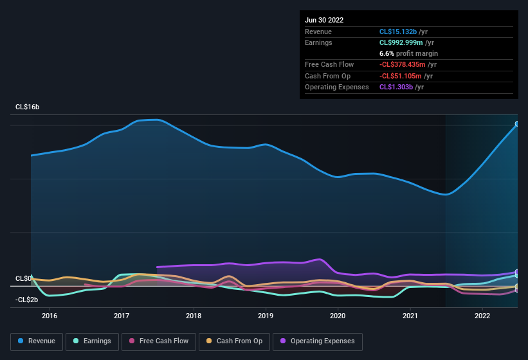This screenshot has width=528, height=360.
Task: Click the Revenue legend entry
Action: coord(37,341)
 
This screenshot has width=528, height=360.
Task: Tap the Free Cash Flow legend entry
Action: coord(159,341)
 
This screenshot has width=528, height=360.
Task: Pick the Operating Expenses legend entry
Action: coord(317,341)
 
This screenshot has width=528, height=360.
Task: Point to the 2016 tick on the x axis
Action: coord(50,316)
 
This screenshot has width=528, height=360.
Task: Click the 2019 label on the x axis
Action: coord(266,316)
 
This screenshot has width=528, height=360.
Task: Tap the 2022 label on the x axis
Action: coord(482,316)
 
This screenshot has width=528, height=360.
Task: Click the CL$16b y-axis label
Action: coord(28,107)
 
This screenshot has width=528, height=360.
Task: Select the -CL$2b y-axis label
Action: coord(28,300)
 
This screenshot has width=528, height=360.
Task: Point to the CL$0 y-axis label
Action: coord(24,278)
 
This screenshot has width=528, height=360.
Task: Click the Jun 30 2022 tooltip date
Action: coord(324,20)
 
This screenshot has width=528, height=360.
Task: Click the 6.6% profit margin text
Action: coord(408,53)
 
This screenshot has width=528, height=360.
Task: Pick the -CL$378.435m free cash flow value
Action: coord(408,65)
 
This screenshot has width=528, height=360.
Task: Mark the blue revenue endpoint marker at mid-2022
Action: coord(517,123)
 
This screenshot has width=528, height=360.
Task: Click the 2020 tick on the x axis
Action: coord(338,316)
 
